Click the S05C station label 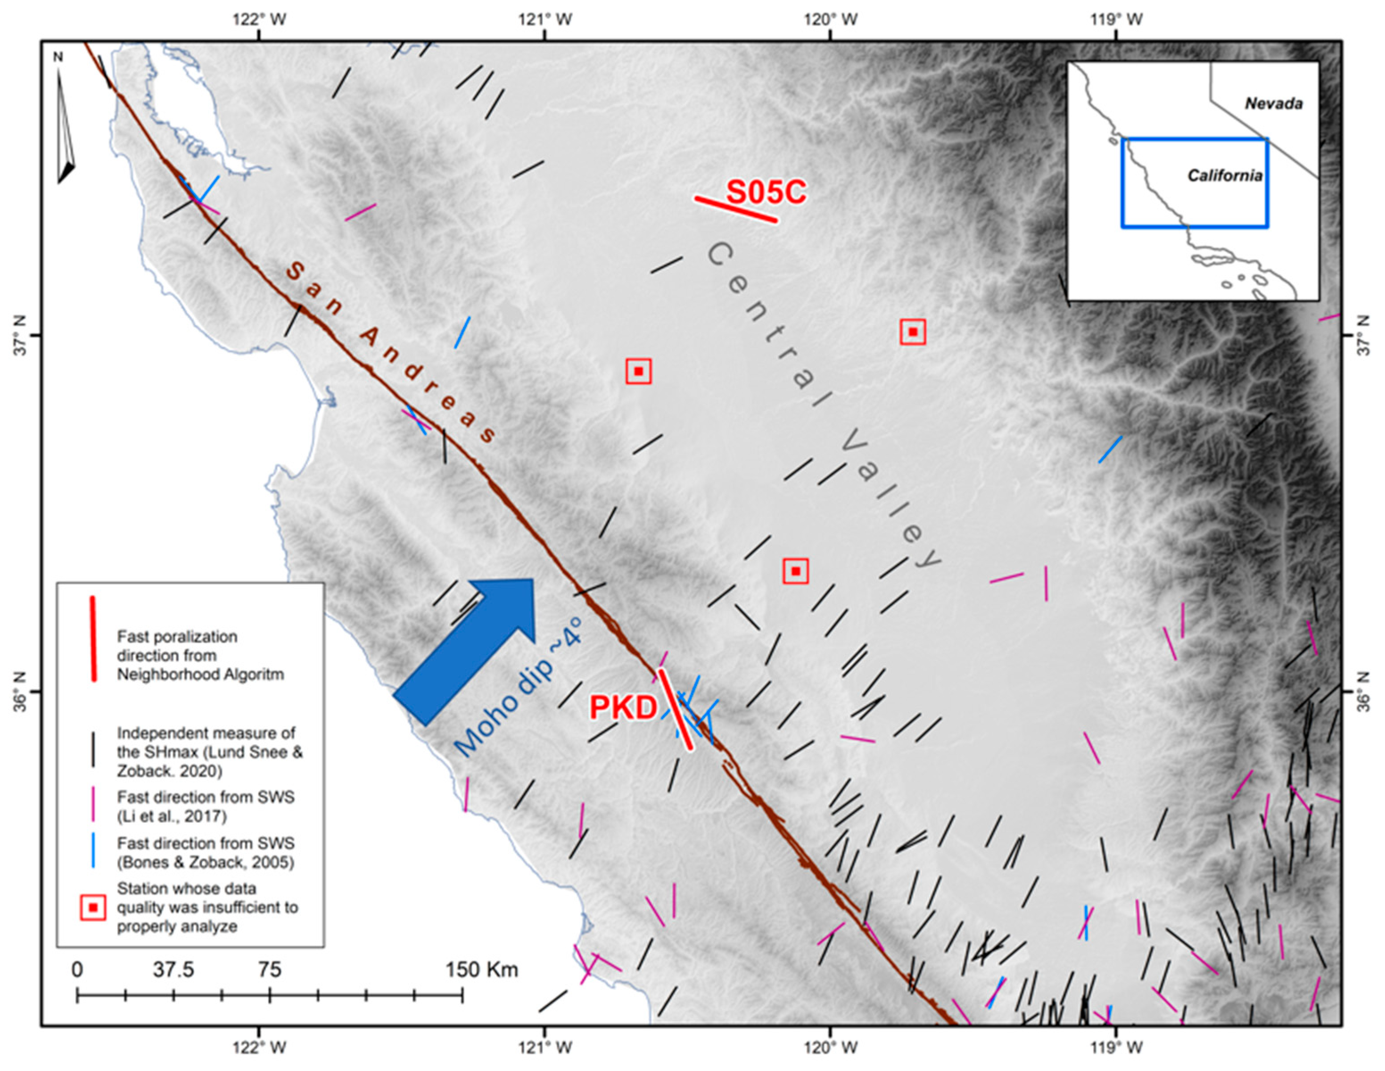coord(766,192)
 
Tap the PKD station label coord(623,707)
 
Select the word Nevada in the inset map coord(1274,103)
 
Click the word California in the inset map coord(1224,176)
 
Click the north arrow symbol coord(65,127)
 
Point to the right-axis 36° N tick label coord(1364,691)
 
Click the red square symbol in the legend coord(93,908)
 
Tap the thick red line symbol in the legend coord(93,638)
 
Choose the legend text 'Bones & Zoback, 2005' coord(206,863)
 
